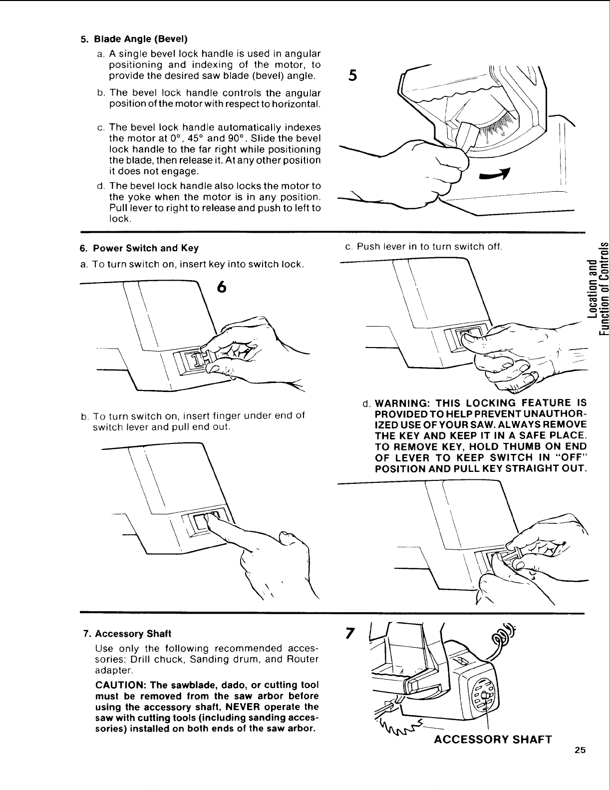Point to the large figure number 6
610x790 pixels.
point(222,288)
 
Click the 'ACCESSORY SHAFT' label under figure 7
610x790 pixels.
point(493,739)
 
